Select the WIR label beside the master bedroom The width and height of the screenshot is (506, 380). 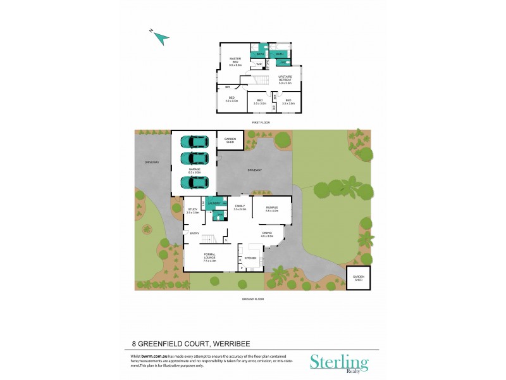click(x=259, y=64)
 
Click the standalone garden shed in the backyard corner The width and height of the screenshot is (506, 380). click(x=359, y=277)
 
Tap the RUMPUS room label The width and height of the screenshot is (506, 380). click(x=271, y=208)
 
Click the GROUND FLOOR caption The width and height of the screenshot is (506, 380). click(x=252, y=298)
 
